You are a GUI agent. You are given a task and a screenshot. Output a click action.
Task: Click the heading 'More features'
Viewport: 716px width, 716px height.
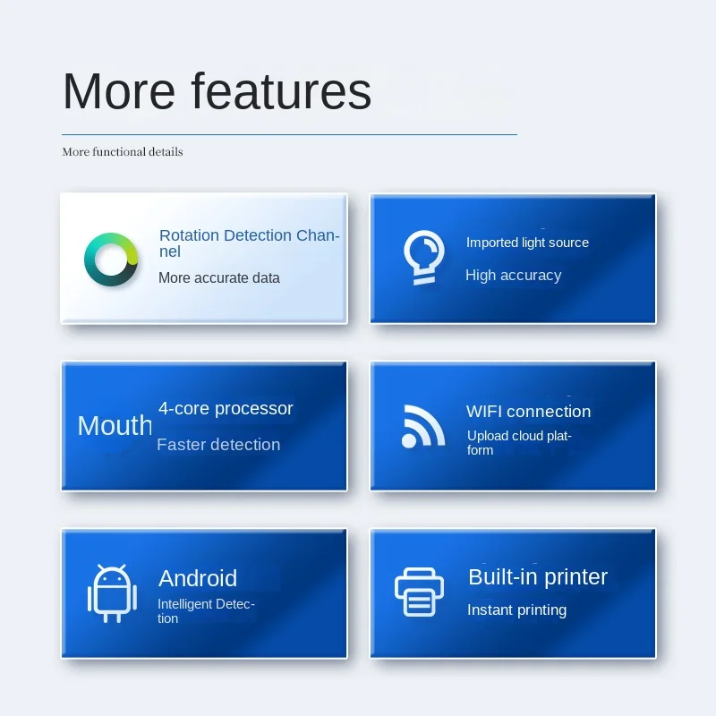[x=217, y=91]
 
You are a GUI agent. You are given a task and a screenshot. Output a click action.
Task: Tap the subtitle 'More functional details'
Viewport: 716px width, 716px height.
[x=123, y=151]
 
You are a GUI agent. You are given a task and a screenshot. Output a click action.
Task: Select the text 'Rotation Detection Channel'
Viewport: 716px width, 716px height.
[x=250, y=243]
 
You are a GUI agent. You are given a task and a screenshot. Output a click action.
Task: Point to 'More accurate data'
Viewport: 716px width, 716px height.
[x=219, y=277]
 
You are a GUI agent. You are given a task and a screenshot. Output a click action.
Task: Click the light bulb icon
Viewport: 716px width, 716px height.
[x=423, y=258]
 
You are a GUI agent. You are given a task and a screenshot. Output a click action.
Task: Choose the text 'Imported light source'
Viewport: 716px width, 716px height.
[x=527, y=243]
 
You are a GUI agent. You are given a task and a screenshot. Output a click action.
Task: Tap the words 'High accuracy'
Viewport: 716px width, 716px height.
[x=513, y=276]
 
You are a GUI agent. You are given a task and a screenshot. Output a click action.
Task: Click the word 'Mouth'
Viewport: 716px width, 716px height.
[x=115, y=426]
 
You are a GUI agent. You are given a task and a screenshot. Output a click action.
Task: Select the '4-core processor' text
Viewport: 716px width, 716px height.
[x=226, y=408]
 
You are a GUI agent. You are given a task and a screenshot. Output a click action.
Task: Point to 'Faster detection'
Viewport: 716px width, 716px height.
[x=218, y=444]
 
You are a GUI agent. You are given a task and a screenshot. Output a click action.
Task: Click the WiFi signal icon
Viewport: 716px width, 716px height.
[x=422, y=427]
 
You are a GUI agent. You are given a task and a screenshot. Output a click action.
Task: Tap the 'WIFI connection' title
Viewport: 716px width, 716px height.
[x=528, y=412]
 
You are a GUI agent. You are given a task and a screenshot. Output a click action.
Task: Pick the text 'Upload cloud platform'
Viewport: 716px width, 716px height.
[x=519, y=442]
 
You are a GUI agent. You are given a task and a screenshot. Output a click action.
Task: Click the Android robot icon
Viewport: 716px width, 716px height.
[x=113, y=593]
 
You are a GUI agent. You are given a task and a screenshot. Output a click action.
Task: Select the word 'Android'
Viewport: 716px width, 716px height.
[x=198, y=578]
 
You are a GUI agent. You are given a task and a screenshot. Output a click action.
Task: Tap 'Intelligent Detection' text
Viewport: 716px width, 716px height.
[x=206, y=611]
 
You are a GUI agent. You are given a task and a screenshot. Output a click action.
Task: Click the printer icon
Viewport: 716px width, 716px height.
[x=419, y=592]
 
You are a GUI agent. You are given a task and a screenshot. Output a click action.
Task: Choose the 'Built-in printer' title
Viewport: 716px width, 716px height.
[x=538, y=576]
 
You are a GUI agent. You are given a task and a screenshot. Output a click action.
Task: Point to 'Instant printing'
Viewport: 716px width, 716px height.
[x=517, y=610]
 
